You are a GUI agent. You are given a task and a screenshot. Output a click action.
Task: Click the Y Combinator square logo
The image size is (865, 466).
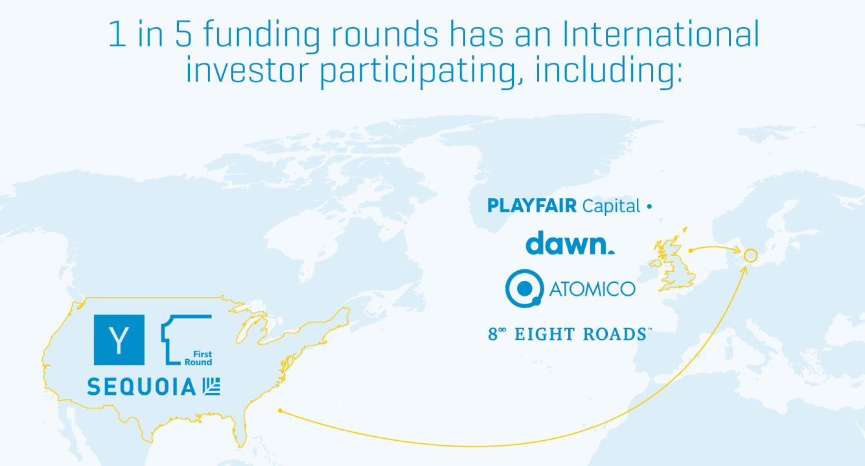coord(119,340)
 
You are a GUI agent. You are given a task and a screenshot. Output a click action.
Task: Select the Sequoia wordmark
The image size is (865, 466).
coord(141,386)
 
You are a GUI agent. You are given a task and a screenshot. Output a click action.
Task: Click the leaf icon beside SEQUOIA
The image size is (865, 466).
coord(211,386)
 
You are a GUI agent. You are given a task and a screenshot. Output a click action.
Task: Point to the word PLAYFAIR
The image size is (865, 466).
coord(532,206)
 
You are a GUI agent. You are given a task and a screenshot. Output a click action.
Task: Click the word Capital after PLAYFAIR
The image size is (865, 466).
coord(611,206)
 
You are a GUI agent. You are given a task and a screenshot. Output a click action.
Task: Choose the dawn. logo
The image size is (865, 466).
coord(570,243)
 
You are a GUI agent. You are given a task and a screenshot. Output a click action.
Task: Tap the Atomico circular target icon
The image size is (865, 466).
coord(524,288)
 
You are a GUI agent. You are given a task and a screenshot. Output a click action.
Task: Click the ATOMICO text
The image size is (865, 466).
coord(592,289)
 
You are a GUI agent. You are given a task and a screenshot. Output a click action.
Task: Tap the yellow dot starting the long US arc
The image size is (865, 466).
coord(281,411)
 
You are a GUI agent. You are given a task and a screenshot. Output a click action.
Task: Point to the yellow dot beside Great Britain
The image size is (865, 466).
coord(691,250)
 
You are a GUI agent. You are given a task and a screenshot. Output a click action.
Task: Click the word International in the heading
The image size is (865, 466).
coord(661,34)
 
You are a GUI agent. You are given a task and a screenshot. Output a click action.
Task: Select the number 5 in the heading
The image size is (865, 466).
coord(183,34)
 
